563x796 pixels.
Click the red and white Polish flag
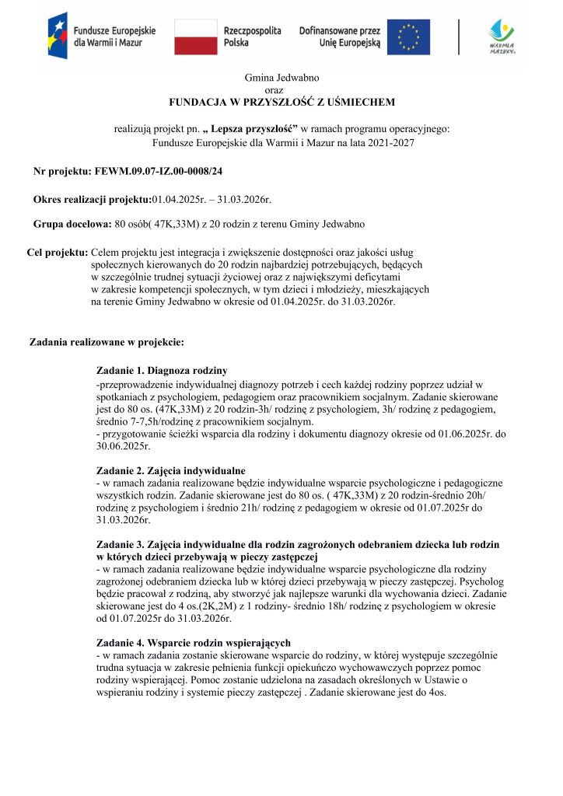tap(195, 37)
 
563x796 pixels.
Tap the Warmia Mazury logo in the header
tap(501, 36)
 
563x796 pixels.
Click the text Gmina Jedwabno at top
tap(281, 78)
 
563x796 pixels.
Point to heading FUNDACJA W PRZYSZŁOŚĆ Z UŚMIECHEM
tap(281, 102)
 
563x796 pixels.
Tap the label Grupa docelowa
tap(72, 224)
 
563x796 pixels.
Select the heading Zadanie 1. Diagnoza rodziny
tap(162, 370)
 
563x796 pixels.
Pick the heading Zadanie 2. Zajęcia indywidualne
tap(171, 470)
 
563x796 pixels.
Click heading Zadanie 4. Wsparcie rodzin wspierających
tap(194, 642)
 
